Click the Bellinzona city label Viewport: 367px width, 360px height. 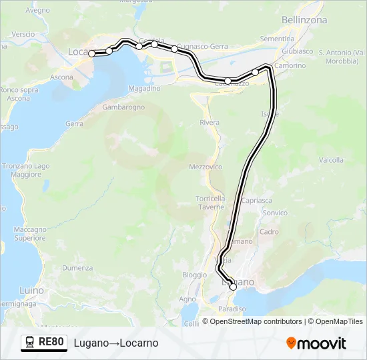click(304, 20)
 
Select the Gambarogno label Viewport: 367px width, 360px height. click(124, 106)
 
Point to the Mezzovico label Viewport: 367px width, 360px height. click(206, 167)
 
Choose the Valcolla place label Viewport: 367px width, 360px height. click(331, 160)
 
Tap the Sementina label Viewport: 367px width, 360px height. click(277, 39)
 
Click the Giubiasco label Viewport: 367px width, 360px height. click(297, 51)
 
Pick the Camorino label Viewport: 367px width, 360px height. click(290, 65)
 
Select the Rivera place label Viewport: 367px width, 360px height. click(210, 123)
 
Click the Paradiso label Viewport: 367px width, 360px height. click(232, 309)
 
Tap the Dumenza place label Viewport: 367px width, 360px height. click(77, 267)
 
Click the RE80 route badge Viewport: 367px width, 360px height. click(51, 342)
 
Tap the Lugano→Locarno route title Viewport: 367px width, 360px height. click(116, 343)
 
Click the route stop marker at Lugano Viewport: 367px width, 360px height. click(233, 287)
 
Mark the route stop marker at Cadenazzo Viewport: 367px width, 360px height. click(228, 81)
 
